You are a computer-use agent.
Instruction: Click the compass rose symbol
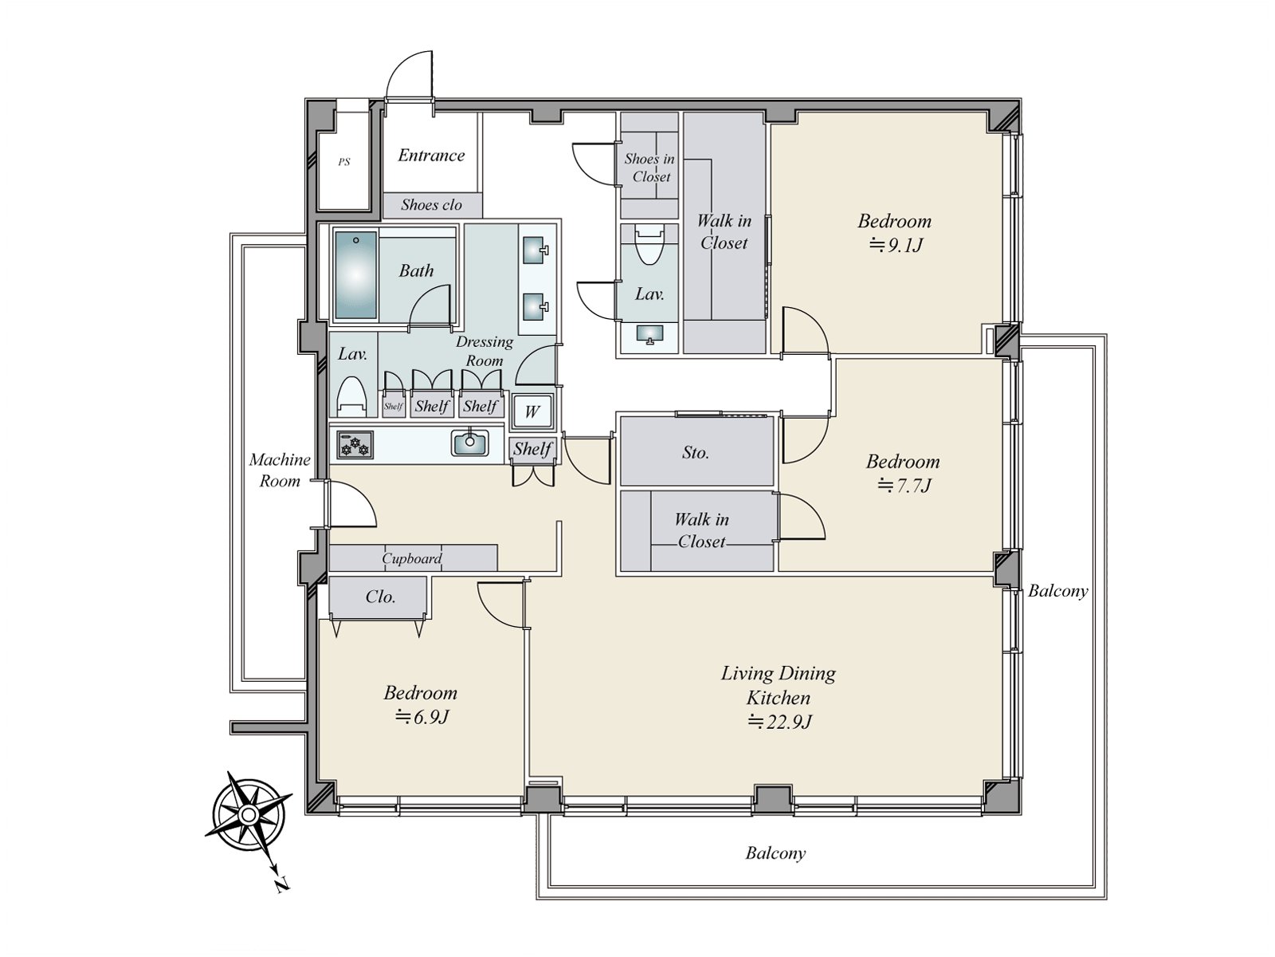249,814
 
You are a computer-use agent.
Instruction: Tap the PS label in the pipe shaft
344,162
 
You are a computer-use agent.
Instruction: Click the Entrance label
431,156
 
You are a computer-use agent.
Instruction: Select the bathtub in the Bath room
355,275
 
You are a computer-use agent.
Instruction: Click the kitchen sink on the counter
470,443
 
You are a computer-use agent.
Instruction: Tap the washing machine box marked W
532,412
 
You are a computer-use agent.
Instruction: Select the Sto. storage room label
696,452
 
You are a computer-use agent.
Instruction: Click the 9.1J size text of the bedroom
896,245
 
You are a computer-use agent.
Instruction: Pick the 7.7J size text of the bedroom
904,485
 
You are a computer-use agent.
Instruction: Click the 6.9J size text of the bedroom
422,717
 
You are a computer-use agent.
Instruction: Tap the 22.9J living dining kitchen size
779,722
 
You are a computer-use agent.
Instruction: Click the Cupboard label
412,558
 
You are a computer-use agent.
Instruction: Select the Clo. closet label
380,597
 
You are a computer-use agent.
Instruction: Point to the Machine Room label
280,470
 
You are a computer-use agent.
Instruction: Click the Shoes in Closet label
650,167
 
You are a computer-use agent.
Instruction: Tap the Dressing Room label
484,351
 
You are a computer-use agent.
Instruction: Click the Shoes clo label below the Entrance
432,204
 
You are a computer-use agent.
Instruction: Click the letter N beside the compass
282,885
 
